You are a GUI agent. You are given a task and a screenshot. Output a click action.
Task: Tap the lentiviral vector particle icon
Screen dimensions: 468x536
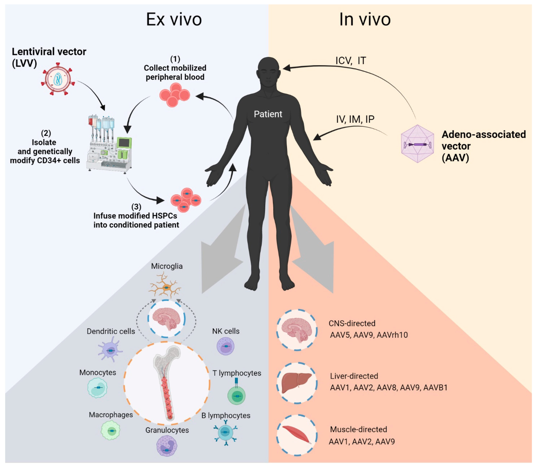coord(58,79)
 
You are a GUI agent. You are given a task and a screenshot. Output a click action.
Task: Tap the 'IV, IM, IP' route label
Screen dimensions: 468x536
coord(355,119)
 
